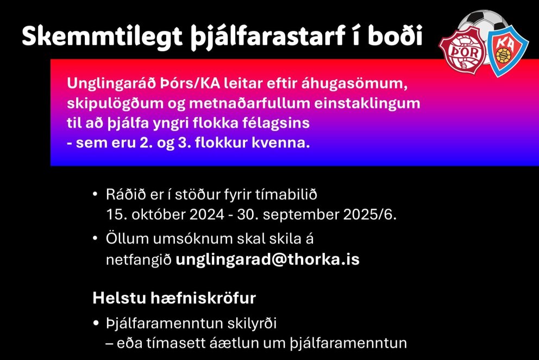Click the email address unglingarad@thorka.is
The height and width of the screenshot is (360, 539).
pyautogui.click(x=267, y=259)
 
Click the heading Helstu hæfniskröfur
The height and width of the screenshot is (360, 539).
pyautogui.click(x=174, y=298)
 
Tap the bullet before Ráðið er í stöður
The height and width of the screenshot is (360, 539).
pyautogui.click(x=96, y=194)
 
